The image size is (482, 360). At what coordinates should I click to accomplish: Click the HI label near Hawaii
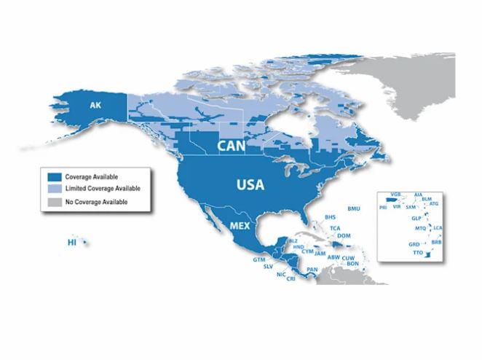coord(71,241)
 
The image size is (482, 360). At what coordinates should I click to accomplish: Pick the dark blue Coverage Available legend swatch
coord(52,176)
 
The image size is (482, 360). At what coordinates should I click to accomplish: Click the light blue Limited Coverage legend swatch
coord(52,189)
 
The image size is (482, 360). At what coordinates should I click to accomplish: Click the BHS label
coord(330,217)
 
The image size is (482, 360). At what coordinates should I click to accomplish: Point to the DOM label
coord(344,235)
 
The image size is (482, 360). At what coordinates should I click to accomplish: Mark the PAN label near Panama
coord(312,270)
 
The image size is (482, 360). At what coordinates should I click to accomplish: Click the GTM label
coord(258,259)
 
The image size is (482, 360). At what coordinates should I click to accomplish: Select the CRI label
coord(291,278)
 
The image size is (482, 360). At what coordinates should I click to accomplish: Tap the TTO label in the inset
coord(417,252)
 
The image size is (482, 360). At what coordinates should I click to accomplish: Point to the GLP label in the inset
coord(416,218)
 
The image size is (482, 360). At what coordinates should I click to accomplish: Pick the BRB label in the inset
coord(436,241)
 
